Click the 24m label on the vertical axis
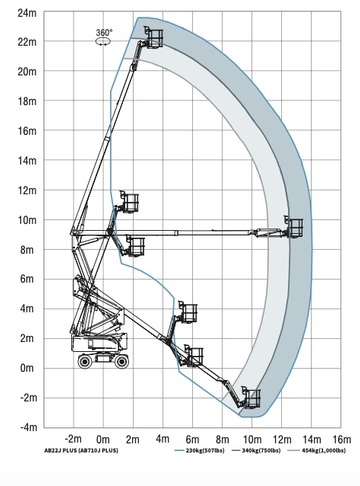[x=27, y=13]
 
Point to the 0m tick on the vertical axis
[x=27, y=368]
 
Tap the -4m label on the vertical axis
[x=29, y=427]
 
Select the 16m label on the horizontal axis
[x=342, y=439]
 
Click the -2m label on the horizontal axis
[x=73, y=438]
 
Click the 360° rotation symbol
[x=104, y=37]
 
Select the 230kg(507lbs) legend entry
[x=199, y=451]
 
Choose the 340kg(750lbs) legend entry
[x=256, y=451]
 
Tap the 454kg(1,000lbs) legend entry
[x=317, y=451]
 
